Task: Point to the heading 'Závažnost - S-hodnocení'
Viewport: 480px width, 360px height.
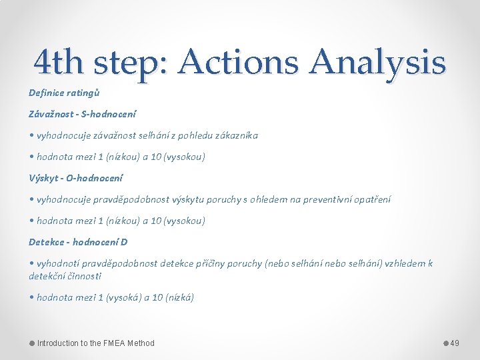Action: pos(75,114)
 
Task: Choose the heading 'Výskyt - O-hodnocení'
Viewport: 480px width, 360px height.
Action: pos(75,178)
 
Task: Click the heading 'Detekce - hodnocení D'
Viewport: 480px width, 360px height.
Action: pos(78,241)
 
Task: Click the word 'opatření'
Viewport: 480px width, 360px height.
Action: pos(371,199)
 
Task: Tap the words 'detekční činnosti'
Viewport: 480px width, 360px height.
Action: pos(65,275)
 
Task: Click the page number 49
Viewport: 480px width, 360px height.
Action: pos(455,343)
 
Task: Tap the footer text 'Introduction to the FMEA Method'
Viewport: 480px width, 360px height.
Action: pos(95,343)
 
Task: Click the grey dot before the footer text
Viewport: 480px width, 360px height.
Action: pos(31,343)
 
